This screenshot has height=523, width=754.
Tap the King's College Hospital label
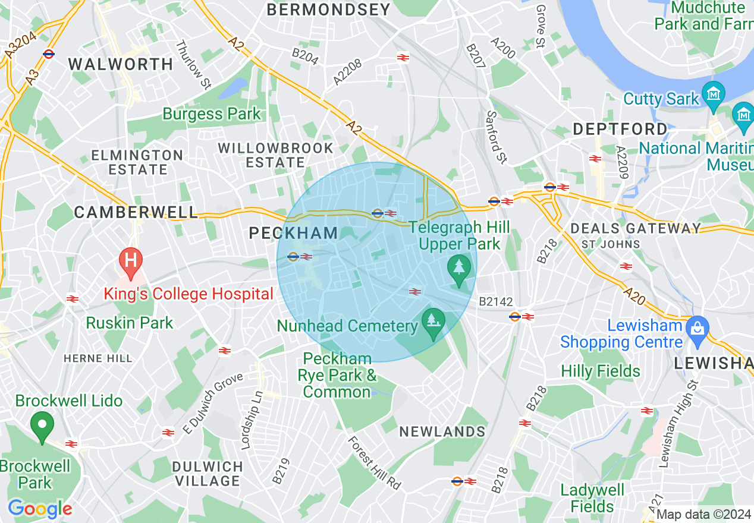pos(188,294)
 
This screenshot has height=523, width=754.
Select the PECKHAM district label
pos(293,234)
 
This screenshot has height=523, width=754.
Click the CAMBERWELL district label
pos(136,212)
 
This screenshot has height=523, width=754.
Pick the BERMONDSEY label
pos(328,10)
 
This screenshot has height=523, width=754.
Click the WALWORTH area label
pos(121,64)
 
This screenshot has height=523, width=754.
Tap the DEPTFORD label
pos(620,129)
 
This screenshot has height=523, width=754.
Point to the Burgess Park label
pos(211,114)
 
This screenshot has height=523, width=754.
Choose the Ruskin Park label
pos(130,323)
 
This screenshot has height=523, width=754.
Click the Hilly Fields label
pos(601,371)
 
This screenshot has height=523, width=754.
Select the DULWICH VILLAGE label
pos(208,474)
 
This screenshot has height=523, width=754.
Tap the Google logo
pos(40,509)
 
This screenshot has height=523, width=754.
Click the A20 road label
pos(634,295)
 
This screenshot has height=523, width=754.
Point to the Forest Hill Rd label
pos(375,464)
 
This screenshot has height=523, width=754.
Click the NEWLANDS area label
pos(442,431)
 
